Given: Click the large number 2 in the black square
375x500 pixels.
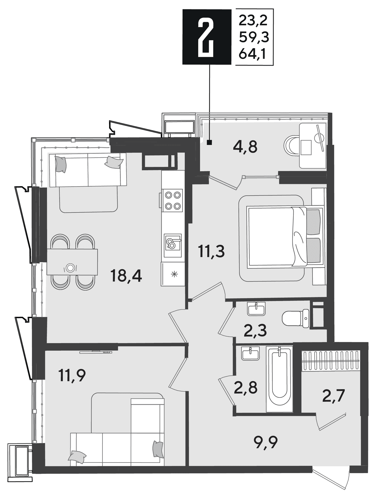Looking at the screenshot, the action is [205, 37].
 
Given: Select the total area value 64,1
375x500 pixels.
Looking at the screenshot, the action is [252, 54].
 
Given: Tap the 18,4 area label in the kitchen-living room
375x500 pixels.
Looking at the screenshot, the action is [126, 276].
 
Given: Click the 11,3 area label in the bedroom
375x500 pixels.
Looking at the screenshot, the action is [211, 252].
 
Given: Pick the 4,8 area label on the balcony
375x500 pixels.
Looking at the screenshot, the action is [245, 147].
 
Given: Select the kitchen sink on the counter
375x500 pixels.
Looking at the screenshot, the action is [173, 245].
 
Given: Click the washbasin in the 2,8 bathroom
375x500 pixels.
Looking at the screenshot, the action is [250, 354].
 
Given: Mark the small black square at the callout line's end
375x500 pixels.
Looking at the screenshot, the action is [209, 143].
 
